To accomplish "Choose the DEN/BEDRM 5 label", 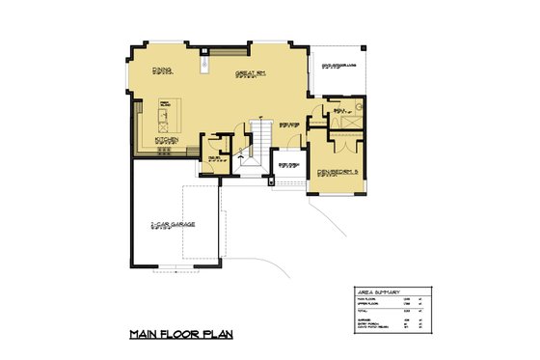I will (x=337, y=173).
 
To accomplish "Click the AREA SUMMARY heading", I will (x=380, y=291).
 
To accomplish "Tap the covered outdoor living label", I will (x=338, y=67).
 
